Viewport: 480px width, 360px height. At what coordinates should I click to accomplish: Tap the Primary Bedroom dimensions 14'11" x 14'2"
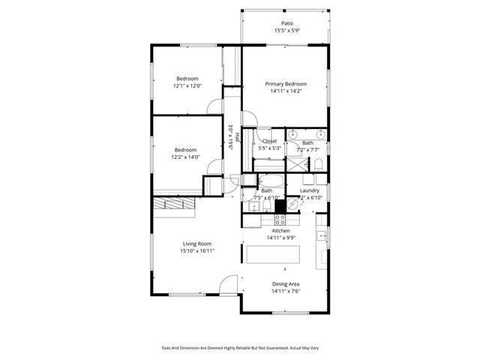tap(286, 91)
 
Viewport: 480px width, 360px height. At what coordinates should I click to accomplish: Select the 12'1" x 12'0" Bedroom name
tap(187, 79)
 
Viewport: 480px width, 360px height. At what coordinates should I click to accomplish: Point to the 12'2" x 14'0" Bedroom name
tap(185, 149)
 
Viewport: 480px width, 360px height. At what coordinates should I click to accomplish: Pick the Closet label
tap(269, 141)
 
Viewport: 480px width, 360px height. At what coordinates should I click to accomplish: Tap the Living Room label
tap(197, 244)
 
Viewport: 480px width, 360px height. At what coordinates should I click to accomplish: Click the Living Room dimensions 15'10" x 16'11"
tap(197, 251)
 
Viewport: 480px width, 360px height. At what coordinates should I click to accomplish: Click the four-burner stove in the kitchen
tap(280, 220)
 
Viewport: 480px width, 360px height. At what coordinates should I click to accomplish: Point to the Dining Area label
tap(286, 284)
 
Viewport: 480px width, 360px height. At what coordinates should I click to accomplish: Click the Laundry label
tap(310, 190)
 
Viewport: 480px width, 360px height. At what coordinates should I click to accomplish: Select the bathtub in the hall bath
tap(270, 181)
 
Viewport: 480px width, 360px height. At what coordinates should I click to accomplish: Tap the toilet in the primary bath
tap(318, 164)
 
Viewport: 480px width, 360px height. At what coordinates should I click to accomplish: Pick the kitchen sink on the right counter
tap(322, 238)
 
